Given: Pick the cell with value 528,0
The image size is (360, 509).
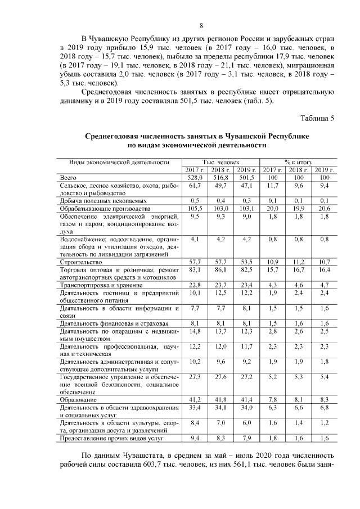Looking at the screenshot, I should [195, 177].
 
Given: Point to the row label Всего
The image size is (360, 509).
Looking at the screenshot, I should [69, 177].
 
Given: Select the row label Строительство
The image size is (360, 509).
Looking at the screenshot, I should [79, 262].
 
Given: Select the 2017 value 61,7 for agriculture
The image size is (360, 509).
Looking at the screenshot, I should [195, 185].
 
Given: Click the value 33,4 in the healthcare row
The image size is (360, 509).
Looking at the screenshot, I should [195, 407].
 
